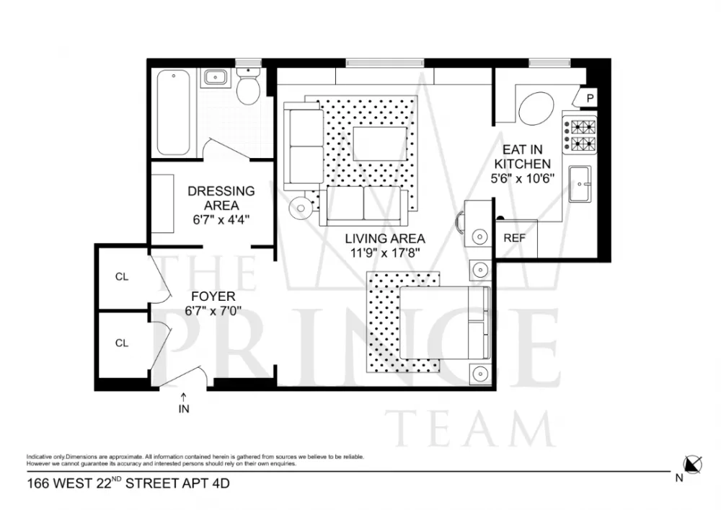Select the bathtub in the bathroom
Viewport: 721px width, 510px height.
(x=173, y=113)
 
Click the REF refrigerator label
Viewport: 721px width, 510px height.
(x=514, y=238)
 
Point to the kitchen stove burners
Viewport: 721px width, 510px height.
(x=580, y=135)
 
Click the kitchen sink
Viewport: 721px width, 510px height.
(x=580, y=184)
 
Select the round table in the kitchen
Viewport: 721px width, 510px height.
(x=536, y=108)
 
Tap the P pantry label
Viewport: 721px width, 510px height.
(x=590, y=98)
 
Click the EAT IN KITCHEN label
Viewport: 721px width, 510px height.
(x=522, y=157)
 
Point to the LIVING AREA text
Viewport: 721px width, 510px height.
(x=385, y=239)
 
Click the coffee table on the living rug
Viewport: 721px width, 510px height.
(x=380, y=144)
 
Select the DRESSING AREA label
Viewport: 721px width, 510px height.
(x=221, y=198)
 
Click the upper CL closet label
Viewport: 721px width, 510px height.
(x=121, y=276)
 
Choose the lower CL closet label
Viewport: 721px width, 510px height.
(x=121, y=343)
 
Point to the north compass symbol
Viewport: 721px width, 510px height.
(x=692, y=465)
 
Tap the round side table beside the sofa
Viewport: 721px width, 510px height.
(x=301, y=208)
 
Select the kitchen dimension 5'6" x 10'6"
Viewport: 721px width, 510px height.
(x=522, y=178)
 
